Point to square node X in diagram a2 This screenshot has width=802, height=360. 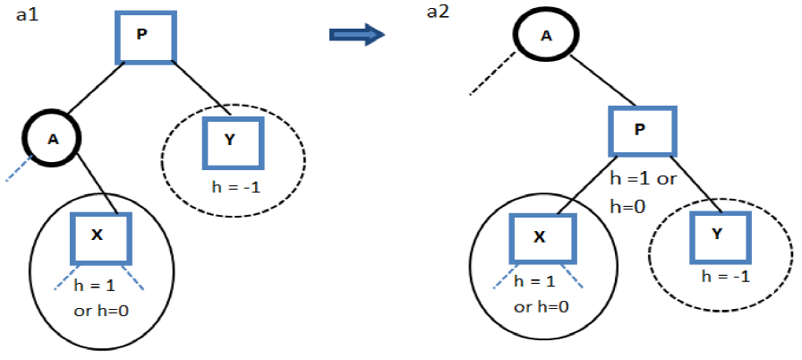click(x=539, y=239)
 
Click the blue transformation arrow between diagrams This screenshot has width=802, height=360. click(x=356, y=34)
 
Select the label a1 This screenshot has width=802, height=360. click(x=28, y=15)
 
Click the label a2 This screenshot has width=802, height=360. click(x=438, y=13)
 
